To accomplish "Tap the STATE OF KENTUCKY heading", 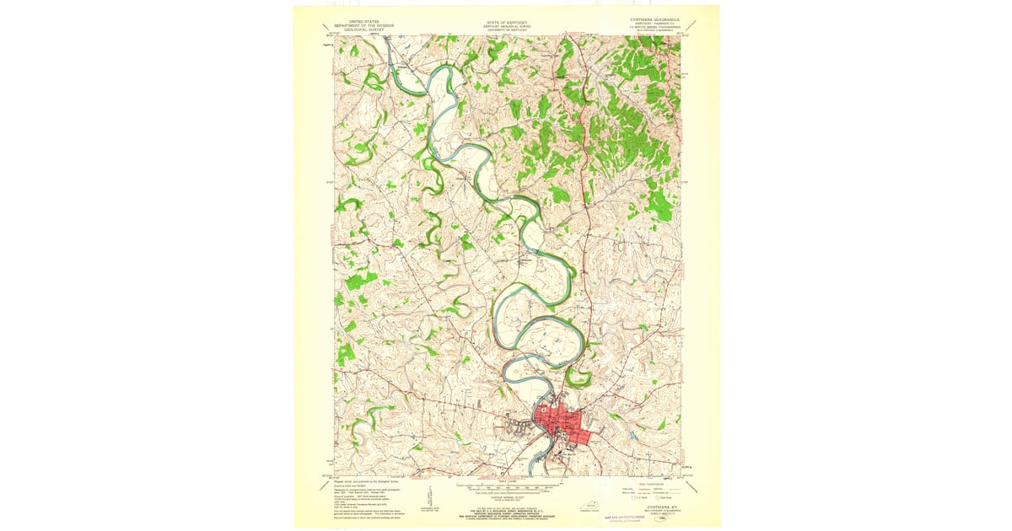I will (x=506, y=22).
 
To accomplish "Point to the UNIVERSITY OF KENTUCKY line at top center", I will (x=506, y=30).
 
